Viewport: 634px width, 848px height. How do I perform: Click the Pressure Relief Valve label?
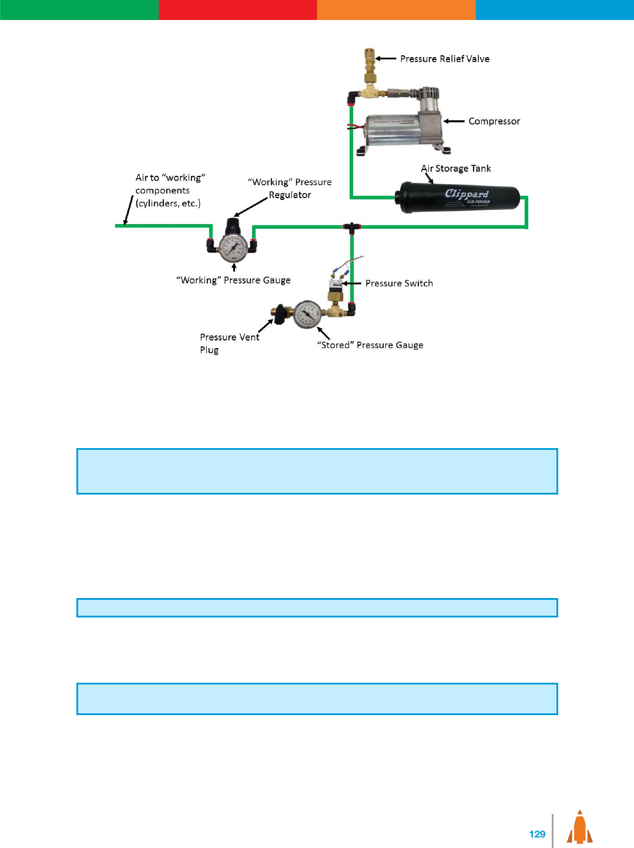coord(445,59)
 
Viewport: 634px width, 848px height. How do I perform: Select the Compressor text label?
coord(494,121)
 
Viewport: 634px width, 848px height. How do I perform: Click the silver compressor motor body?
coord(393,129)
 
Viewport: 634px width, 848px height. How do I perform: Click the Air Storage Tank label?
coord(456,168)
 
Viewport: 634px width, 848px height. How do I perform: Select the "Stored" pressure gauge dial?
coord(307,315)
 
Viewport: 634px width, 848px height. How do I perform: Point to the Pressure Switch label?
coord(399,283)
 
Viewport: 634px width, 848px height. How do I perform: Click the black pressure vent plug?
coord(281,314)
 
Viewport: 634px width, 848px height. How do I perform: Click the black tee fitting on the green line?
coord(351,226)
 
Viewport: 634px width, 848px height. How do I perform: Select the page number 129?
coord(537,834)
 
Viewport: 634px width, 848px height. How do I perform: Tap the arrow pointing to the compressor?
coord(454,121)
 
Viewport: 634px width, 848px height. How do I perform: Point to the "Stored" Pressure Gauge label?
coord(370,345)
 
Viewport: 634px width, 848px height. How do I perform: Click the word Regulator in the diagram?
coord(290,195)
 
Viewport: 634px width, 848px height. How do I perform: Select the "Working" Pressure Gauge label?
coord(233,281)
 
